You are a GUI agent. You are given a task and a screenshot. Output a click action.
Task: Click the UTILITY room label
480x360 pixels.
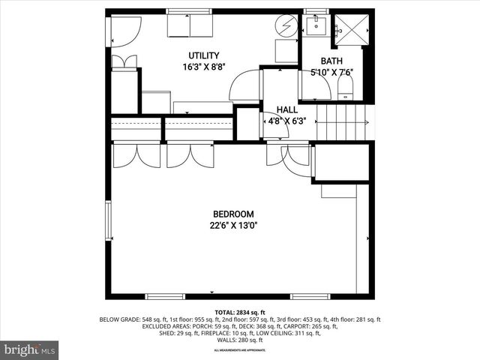[x=203, y=55]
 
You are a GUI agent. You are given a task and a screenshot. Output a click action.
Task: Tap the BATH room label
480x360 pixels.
[x=331, y=61]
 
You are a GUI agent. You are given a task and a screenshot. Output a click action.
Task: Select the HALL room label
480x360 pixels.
[x=277, y=109]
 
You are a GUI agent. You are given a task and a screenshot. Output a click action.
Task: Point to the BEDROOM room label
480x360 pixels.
[x=232, y=214]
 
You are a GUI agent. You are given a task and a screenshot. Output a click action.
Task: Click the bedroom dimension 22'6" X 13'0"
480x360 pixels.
[x=232, y=225]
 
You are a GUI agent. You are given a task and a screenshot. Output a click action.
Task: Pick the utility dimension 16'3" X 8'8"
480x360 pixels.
[x=204, y=67]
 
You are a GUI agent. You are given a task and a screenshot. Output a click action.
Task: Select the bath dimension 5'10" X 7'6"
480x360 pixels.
[x=331, y=73]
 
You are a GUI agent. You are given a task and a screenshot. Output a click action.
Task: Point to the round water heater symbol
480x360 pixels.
[x=286, y=24]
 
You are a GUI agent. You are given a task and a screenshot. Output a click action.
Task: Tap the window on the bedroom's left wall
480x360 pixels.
[x=109, y=217]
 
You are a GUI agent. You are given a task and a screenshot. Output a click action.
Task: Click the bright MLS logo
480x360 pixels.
[x=29, y=349]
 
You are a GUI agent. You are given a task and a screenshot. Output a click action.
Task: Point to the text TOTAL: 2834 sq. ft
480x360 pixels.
[x=240, y=312]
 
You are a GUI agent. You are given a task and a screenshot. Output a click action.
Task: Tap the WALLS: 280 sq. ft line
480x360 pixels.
[x=240, y=340]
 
